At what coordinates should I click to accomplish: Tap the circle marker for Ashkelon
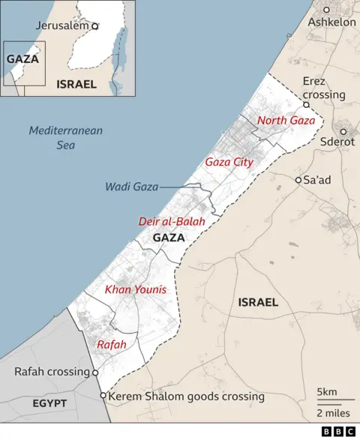[327, 10]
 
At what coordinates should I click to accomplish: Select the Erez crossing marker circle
[306, 106]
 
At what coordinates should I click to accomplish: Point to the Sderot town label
[337, 141]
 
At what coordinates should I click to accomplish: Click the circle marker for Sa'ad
[298, 180]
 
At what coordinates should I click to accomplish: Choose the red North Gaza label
[286, 121]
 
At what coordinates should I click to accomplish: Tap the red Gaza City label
[229, 162]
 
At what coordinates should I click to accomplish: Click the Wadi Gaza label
[131, 187]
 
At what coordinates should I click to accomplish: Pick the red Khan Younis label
[136, 289]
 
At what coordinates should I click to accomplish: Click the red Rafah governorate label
[112, 344]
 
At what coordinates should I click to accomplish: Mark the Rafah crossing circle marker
[95, 372]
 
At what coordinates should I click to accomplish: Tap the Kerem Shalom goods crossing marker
[103, 396]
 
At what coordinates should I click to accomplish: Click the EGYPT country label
[49, 403]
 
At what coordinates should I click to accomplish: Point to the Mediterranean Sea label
[66, 137]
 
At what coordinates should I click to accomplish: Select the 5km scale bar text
[328, 392]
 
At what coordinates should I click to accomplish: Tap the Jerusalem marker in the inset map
[94, 25]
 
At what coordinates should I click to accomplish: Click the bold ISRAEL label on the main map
[257, 303]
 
